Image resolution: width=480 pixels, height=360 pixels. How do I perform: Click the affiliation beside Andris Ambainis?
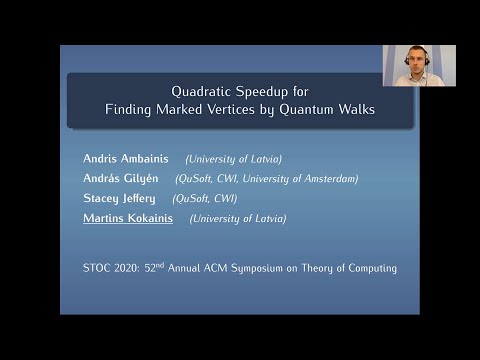tap(234, 159)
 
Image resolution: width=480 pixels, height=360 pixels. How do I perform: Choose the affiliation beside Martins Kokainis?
tap(238, 218)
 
